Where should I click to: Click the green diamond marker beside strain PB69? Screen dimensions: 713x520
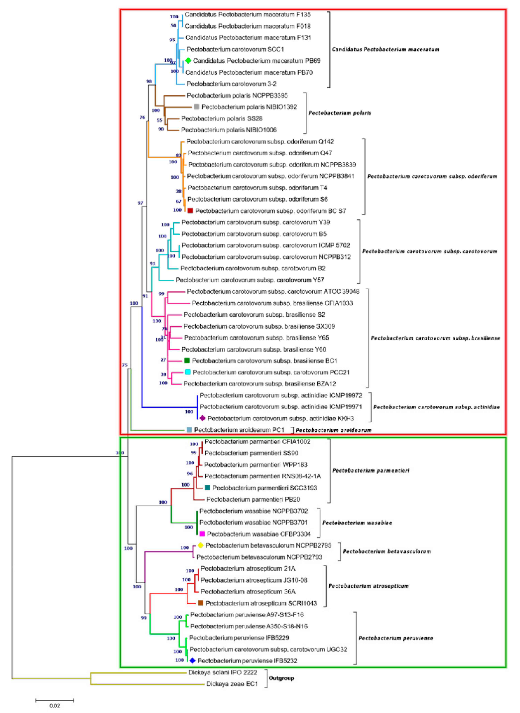click(188, 60)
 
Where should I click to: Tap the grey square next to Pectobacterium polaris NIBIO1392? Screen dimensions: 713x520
click(196, 107)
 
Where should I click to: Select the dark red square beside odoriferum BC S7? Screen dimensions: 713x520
click(190, 210)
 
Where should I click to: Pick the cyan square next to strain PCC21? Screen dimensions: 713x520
click(188, 372)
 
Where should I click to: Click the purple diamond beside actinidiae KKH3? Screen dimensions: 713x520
click(202, 418)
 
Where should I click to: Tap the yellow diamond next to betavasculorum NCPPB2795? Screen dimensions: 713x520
click(200, 545)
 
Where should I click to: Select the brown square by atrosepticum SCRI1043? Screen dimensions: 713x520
click(200, 603)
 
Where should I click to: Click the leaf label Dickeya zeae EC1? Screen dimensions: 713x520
click(232, 684)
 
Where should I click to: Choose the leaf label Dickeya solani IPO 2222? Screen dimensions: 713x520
click(222, 672)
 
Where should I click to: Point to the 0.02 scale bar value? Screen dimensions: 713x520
click(55, 706)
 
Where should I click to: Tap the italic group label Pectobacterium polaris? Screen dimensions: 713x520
click(340, 113)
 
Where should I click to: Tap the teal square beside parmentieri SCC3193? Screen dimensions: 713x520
click(207, 487)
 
